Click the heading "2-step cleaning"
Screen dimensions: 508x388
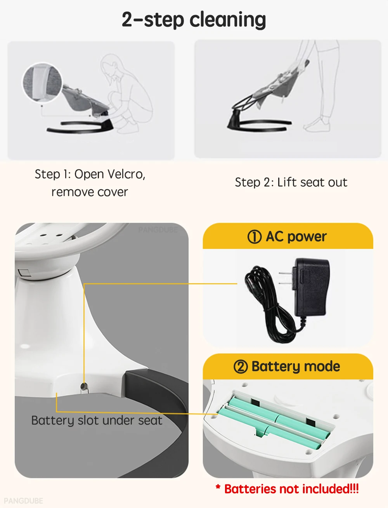pos(194,19)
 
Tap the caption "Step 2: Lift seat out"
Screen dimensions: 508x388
pos(291,182)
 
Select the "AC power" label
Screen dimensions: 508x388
pos(296,237)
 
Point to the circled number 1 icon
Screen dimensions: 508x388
pos(255,237)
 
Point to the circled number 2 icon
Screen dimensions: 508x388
pos(241,366)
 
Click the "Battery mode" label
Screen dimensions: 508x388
pos(296,366)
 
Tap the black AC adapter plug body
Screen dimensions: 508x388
pos(311,287)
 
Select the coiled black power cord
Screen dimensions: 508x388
pos(264,302)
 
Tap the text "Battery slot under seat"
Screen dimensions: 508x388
pos(97,421)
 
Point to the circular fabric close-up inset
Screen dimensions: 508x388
pos(42,83)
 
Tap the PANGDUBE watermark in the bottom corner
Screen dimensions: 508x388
pos(23,501)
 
